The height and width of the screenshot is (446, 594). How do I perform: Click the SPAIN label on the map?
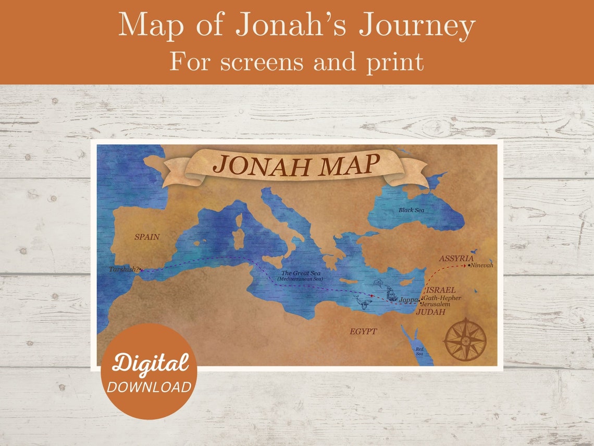click(x=147, y=237)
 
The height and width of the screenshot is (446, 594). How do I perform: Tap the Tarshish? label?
click(x=124, y=269)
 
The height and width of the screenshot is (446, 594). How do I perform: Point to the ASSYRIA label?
click(x=456, y=258)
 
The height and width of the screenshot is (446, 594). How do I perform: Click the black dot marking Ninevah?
click(x=469, y=266)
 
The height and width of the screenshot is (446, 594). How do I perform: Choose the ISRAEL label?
click(x=441, y=290)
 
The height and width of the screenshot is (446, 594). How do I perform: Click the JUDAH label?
click(x=430, y=312)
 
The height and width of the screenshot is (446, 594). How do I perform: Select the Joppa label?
click(x=408, y=300)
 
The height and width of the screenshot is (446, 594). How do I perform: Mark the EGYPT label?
click(x=363, y=331)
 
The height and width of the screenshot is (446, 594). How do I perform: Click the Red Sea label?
click(x=419, y=351)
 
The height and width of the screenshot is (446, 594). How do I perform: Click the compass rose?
click(x=465, y=339)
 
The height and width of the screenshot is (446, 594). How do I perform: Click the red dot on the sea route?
click(x=371, y=296)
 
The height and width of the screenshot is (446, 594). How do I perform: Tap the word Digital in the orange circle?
click(x=150, y=363)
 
